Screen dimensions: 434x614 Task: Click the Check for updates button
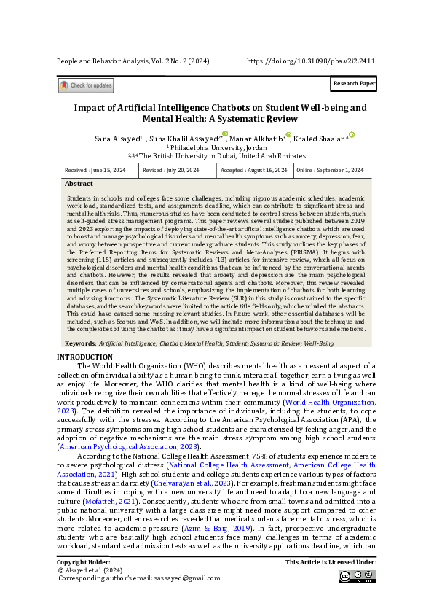pos(86,86)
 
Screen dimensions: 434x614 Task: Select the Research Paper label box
pos(354,84)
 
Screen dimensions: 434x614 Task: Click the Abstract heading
pos(79,184)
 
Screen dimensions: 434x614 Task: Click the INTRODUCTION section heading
pos(85,357)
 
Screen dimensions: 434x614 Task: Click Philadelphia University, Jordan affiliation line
pos(216,147)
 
